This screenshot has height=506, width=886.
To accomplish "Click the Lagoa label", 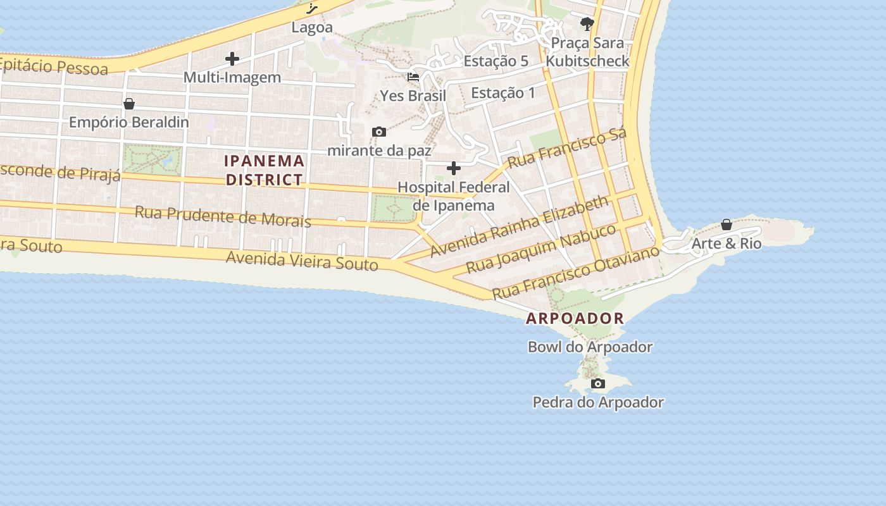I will click(x=312, y=28).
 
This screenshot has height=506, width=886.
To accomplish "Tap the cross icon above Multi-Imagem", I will click(x=232, y=59).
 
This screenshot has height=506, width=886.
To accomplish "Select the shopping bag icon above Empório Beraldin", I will click(x=129, y=104).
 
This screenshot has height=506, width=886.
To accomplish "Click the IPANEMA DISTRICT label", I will click(x=265, y=170).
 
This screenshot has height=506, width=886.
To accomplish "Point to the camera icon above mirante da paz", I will click(x=379, y=132).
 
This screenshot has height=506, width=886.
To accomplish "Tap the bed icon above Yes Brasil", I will click(x=413, y=78).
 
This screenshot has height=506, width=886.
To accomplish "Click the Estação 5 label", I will click(x=496, y=61).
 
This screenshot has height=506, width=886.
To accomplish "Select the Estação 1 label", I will click(x=503, y=93).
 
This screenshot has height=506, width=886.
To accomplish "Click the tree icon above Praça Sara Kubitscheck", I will click(x=587, y=25).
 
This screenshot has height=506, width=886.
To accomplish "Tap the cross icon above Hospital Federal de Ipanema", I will click(x=454, y=169).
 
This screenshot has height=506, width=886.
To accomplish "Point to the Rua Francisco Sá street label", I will click(x=567, y=148).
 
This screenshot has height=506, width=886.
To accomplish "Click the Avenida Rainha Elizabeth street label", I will click(x=520, y=226).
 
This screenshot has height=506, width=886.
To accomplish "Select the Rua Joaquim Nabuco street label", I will click(x=541, y=248).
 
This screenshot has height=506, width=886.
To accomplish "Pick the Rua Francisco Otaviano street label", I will click(x=575, y=273).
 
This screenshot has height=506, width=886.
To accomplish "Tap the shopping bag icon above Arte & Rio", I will click(x=727, y=225).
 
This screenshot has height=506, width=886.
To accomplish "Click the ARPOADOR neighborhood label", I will click(x=575, y=319).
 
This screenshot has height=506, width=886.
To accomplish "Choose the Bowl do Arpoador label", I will click(x=590, y=347).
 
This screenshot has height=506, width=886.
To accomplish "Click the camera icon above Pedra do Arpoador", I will click(x=597, y=384).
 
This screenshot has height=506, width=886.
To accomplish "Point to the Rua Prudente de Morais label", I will click(x=223, y=216).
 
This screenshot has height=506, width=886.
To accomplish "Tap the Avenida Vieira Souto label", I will click(x=302, y=260).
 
